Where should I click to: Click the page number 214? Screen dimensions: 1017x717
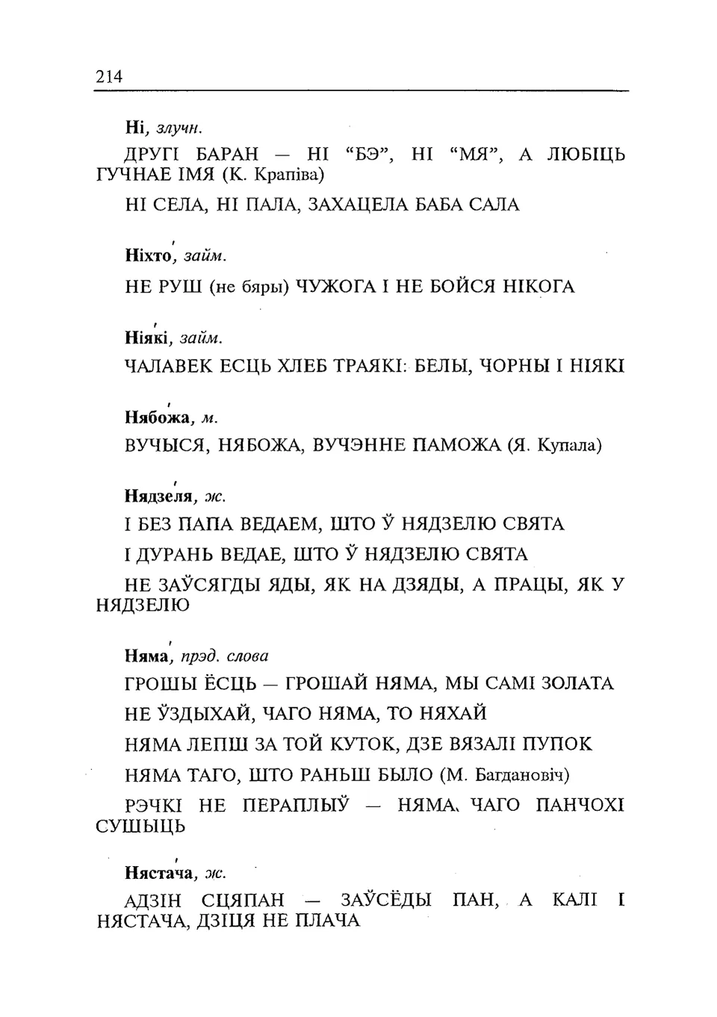click(x=108, y=75)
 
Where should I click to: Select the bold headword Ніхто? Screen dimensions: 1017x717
click(x=149, y=256)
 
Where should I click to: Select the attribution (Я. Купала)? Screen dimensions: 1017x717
click(x=554, y=446)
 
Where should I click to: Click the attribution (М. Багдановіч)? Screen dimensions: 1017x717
click(x=505, y=775)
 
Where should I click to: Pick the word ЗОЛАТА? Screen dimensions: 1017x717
click(x=577, y=683)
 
